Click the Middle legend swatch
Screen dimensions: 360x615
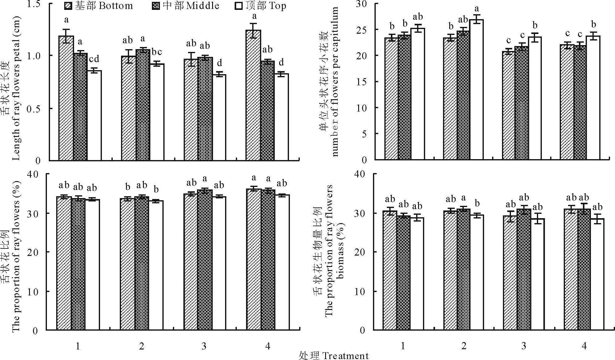pyautogui.click(x=156, y=6)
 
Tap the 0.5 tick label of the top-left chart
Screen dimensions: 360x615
pyautogui.click(x=34, y=108)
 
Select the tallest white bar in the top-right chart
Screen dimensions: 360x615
pyautogui.click(x=476, y=90)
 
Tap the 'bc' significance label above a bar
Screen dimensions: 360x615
pyautogui.click(x=157, y=52)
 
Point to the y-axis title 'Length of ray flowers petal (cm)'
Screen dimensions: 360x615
pyautogui.click(x=16, y=88)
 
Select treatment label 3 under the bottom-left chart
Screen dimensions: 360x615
pyautogui.click(x=204, y=346)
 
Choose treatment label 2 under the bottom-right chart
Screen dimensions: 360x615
pyautogui.click(x=463, y=346)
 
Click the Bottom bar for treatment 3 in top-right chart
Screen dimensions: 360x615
pyautogui.click(x=508, y=105)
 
